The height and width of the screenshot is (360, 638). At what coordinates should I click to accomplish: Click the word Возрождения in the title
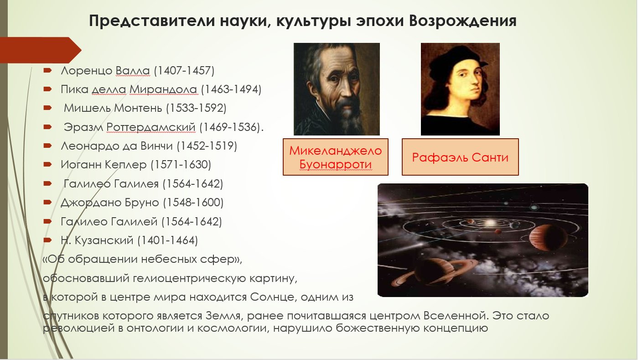463,21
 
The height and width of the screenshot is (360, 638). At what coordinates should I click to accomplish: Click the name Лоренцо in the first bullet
86,70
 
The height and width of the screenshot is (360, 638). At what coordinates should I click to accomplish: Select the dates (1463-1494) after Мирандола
231,89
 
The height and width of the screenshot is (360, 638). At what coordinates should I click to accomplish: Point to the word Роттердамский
151,127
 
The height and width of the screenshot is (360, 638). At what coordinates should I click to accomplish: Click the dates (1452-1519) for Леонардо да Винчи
207,146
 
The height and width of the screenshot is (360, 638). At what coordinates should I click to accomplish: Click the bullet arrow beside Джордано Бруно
47,203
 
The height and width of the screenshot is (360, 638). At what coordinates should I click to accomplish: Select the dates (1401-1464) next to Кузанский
167,240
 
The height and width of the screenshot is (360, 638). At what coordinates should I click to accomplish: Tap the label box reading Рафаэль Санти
460,157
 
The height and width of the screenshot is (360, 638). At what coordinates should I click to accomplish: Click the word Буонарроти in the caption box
336,164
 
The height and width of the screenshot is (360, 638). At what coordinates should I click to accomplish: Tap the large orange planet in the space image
548,237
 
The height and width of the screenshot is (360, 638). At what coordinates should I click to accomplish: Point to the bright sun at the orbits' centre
489,222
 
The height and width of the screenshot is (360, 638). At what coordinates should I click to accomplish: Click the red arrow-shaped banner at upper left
40,50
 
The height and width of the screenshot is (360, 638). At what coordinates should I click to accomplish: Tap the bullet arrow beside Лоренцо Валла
47,70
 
